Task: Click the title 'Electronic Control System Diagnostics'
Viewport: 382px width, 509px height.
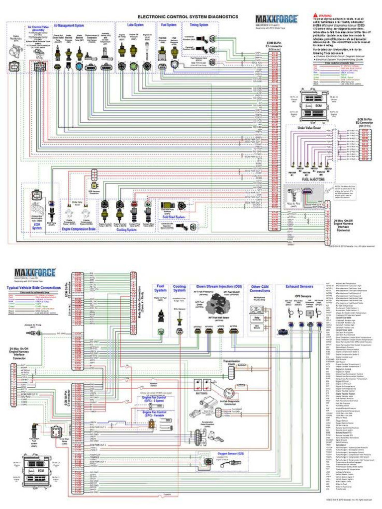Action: [x=188, y=16]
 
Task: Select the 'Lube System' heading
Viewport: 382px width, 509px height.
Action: [x=135, y=24]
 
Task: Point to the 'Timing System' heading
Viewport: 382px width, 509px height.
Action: [x=199, y=24]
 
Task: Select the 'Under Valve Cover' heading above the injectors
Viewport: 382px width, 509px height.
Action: [x=309, y=128]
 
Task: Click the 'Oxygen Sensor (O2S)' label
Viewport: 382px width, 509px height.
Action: [x=230, y=453]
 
